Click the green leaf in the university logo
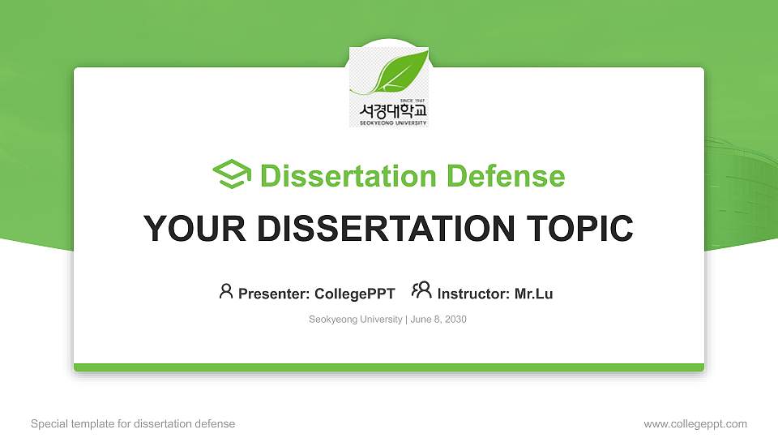click(x=399, y=73)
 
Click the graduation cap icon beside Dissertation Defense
click(x=232, y=174)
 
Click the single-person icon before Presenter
click(x=226, y=291)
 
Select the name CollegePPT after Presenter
click(x=354, y=294)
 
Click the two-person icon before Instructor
click(x=421, y=290)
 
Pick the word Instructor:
click(x=473, y=294)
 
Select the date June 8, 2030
click(x=438, y=320)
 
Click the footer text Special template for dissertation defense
click(x=133, y=423)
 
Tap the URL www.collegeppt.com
click(x=695, y=423)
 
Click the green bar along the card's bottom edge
click(x=389, y=367)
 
